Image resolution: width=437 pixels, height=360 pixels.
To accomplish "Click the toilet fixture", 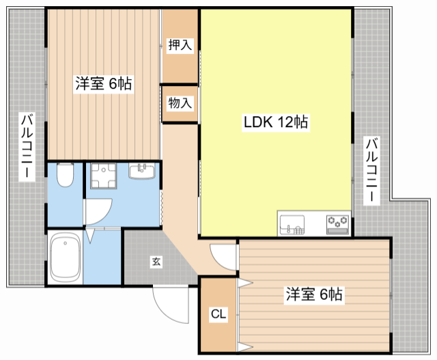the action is [x=66, y=175].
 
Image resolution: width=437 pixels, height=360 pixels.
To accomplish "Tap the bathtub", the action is [x=66, y=257].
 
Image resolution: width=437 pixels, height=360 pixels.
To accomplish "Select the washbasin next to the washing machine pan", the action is [x=141, y=171].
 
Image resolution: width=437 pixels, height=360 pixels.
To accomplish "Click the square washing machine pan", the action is [x=103, y=176].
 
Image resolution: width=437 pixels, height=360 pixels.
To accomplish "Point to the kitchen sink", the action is [x=292, y=225].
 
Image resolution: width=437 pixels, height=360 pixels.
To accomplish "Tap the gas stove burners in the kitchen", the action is [x=338, y=225].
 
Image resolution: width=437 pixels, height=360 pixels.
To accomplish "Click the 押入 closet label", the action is [x=180, y=44].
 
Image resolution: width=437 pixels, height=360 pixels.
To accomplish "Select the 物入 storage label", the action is [x=180, y=102].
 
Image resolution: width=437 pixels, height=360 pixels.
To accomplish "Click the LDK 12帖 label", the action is [x=276, y=122].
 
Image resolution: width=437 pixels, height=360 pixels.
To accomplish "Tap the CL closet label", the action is [x=218, y=314].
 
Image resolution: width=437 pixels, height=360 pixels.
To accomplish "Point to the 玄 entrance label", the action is [x=156, y=262].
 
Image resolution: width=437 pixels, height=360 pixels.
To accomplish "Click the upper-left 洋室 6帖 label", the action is [x=104, y=83].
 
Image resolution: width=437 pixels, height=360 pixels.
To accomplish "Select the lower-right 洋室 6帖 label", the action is [x=314, y=294].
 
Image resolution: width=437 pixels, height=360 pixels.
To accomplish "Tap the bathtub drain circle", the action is [x=66, y=243].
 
